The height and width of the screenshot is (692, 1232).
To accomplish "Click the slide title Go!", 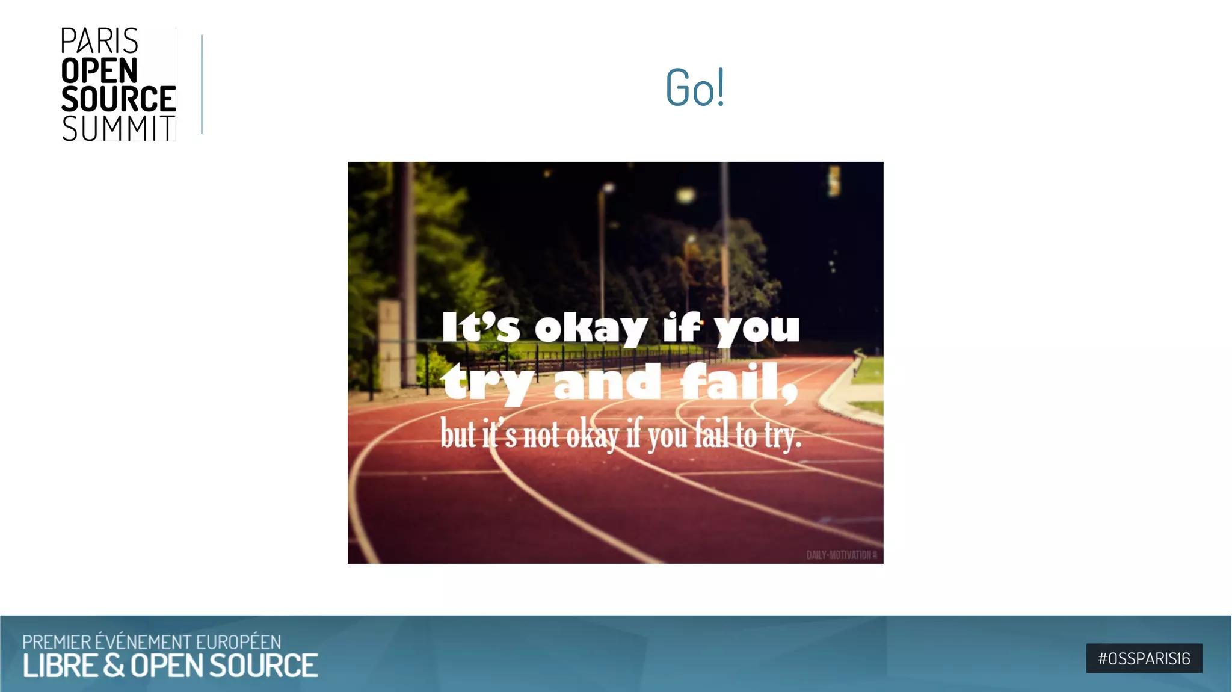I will click(x=695, y=88).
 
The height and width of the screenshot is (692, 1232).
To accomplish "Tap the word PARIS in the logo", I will click(x=99, y=42).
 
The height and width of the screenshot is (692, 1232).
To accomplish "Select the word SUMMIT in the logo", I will click(x=119, y=128).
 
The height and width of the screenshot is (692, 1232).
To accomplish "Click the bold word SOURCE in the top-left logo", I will click(x=119, y=99).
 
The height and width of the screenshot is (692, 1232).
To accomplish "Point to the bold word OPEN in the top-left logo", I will click(x=99, y=70).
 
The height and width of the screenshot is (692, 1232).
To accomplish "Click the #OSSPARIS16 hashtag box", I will click(x=1144, y=658).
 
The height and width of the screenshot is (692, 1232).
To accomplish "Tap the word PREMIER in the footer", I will click(x=57, y=642).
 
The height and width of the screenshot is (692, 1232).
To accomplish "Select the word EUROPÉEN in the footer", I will click(x=238, y=642).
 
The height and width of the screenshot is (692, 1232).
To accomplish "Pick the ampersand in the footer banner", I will click(x=114, y=666).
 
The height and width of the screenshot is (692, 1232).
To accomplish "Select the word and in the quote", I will click(x=606, y=383).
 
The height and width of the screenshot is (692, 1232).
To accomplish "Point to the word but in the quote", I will click(x=458, y=434).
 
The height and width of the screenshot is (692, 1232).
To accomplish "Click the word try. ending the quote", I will click(x=783, y=436).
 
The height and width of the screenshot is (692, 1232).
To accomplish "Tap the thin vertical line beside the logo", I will click(x=202, y=84).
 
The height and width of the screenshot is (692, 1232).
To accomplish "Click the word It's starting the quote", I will click(x=480, y=328).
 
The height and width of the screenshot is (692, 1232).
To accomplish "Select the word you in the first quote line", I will click(x=757, y=329).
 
